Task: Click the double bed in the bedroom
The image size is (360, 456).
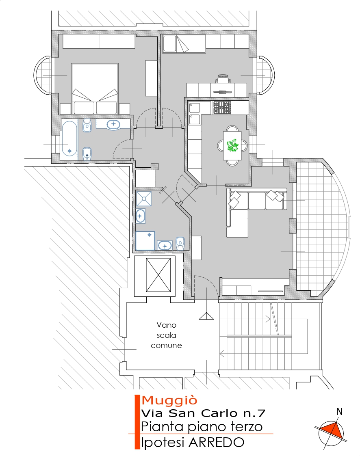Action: click(95, 89)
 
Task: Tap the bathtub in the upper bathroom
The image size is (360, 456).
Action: click(69, 139)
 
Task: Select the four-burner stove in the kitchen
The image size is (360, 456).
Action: click(222, 107)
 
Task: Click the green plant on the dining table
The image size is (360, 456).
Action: click(232, 145)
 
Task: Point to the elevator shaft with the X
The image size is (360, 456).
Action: click(158, 275)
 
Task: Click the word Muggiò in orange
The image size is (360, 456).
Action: click(169, 400)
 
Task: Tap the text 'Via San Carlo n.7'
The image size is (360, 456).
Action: click(203, 413)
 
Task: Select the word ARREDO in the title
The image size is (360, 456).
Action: click(217, 442)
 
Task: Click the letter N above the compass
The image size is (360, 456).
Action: click(339, 412)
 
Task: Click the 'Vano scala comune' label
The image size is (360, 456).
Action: click(167, 335)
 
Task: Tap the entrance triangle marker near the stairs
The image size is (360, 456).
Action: click(206, 316)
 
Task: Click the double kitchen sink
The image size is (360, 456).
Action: click(194, 113)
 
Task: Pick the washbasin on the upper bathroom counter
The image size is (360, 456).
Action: click(113, 125)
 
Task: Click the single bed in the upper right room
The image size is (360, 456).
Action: click(184, 43)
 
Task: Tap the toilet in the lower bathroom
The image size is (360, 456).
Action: click(180, 244)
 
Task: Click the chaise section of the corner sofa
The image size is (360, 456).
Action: click(237, 223)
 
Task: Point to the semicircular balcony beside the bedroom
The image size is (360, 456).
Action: click(43, 75)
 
